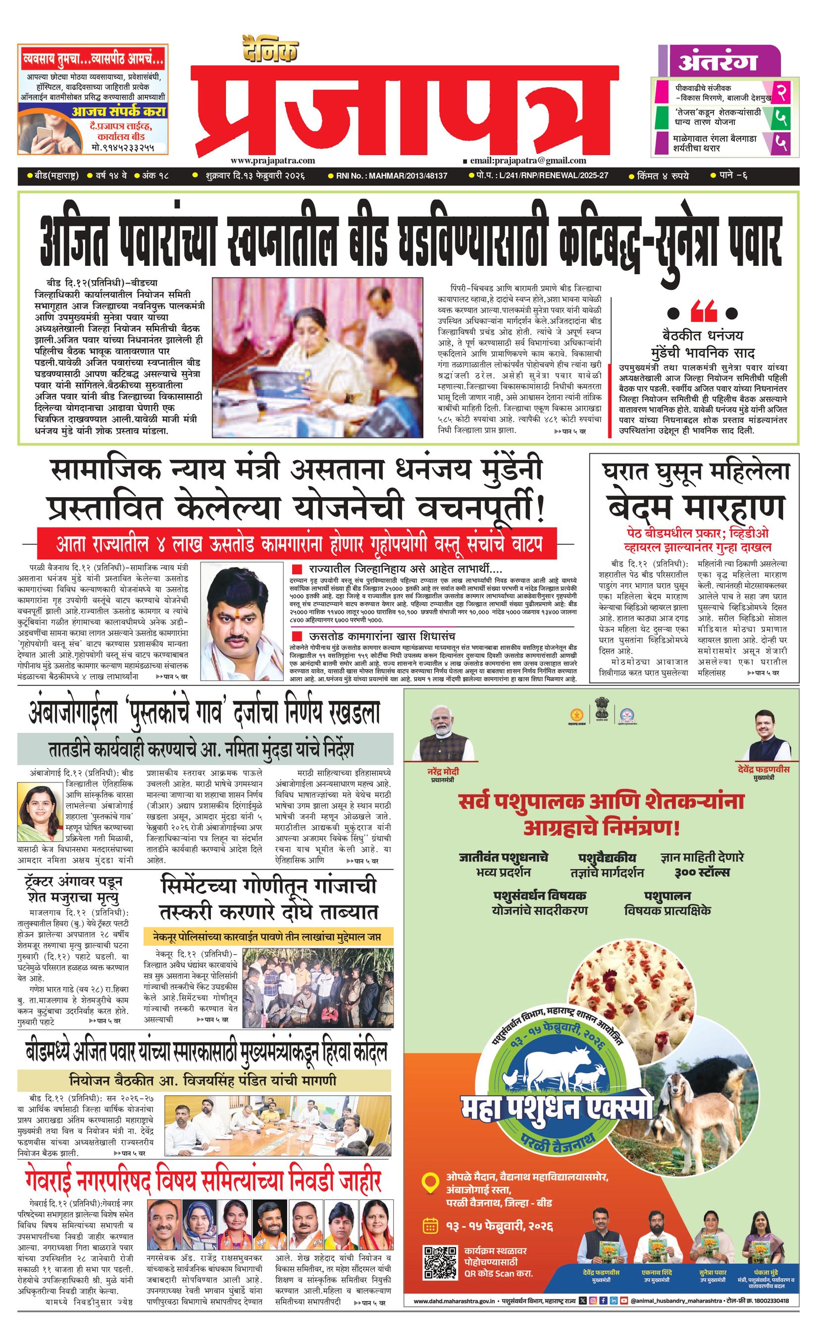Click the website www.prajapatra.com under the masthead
[x=272, y=160]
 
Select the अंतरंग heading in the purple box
[x=717, y=62]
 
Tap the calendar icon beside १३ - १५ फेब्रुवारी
[x=430, y=1226]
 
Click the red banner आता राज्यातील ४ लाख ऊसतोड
[x=297, y=543]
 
